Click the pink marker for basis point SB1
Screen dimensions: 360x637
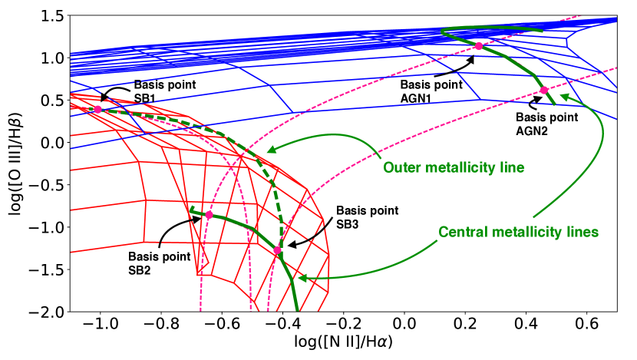click(x=97, y=110)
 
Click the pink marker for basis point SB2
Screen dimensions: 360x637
click(x=209, y=215)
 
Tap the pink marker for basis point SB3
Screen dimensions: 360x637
click(x=277, y=250)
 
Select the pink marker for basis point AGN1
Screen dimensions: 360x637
click(x=479, y=46)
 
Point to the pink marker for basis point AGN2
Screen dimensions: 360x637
click(x=544, y=91)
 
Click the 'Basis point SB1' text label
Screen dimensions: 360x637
click(x=156, y=92)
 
